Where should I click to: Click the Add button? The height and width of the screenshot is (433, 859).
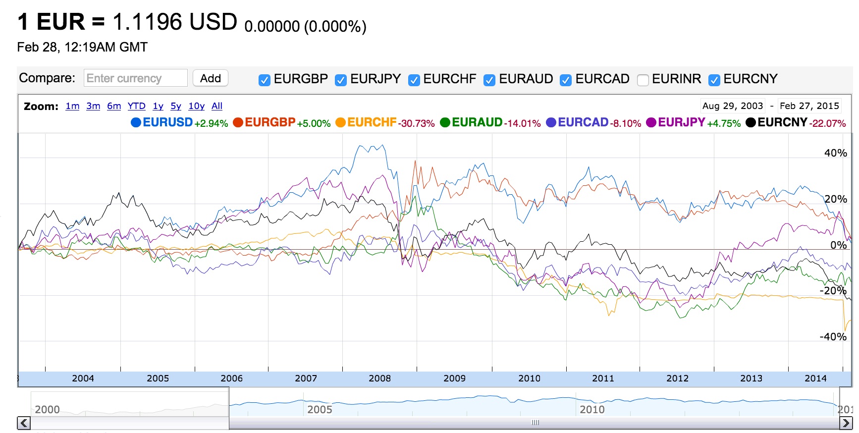coord(210,78)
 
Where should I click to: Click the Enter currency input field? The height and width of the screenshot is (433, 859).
coord(135,78)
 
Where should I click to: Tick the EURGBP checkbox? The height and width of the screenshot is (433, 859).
coord(265,80)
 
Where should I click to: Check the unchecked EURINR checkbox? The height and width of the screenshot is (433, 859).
coord(643,80)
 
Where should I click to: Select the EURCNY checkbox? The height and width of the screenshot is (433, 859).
coord(714,80)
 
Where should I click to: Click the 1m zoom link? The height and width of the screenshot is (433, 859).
coord(72,106)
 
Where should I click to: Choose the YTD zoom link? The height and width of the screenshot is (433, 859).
coord(136,106)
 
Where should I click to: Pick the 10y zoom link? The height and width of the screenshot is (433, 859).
coord(196,106)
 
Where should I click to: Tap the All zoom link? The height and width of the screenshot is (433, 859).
coord(217,106)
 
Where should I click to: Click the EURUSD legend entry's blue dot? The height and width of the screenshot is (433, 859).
coord(136,122)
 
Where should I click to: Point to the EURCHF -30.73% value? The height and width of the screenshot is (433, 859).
coord(416,123)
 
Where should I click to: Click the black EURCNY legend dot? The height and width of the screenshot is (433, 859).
coord(751,122)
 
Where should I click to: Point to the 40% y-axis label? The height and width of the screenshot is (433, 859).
coord(835,153)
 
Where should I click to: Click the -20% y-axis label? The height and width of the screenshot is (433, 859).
coord(833,291)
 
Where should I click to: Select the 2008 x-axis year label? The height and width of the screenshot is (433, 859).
coord(380,379)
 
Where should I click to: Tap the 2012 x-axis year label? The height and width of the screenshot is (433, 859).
coord(677,379)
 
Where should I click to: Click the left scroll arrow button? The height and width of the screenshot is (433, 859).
coord(24,423)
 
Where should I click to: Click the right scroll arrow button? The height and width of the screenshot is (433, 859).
coord(846,423)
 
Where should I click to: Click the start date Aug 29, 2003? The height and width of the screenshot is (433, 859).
coord(733,106)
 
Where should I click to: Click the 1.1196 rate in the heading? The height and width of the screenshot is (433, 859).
coord(148,22)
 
